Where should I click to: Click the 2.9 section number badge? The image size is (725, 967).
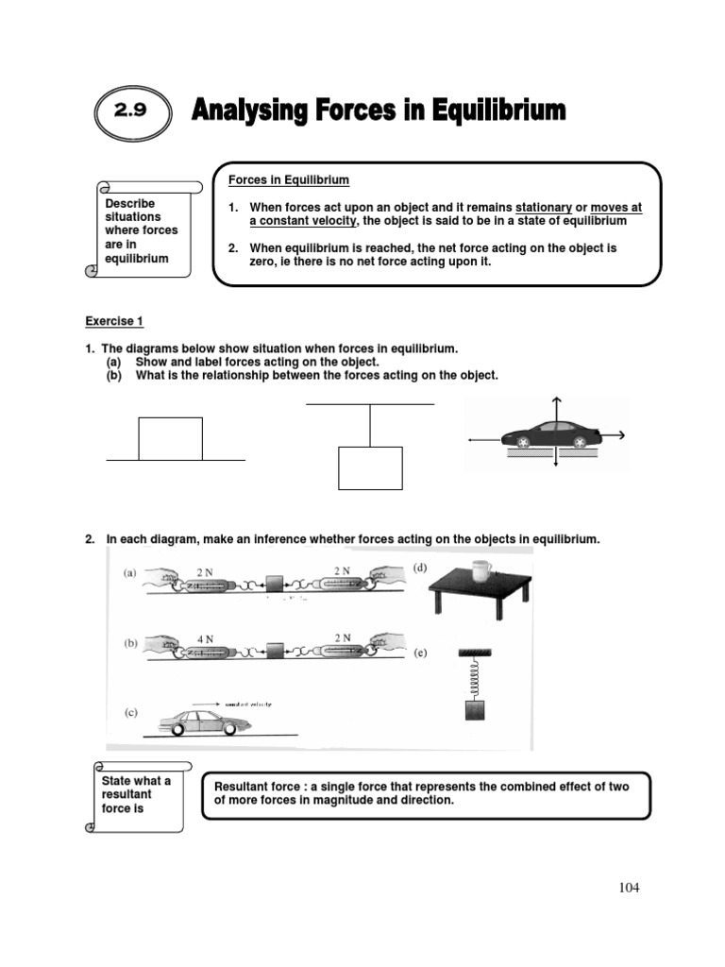(x=132, y=111)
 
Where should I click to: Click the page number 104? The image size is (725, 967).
(x=629, y=887)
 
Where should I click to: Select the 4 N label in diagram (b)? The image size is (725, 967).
(x=205, y=638)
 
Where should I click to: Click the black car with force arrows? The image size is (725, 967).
(x=551, y=435)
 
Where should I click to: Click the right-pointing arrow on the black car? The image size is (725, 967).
(x=615, y=435)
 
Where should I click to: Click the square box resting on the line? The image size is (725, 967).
(x=170, y=438)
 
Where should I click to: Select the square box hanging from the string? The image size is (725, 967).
(x=370, y=468)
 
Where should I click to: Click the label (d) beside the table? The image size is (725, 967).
(x=421, y=568)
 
